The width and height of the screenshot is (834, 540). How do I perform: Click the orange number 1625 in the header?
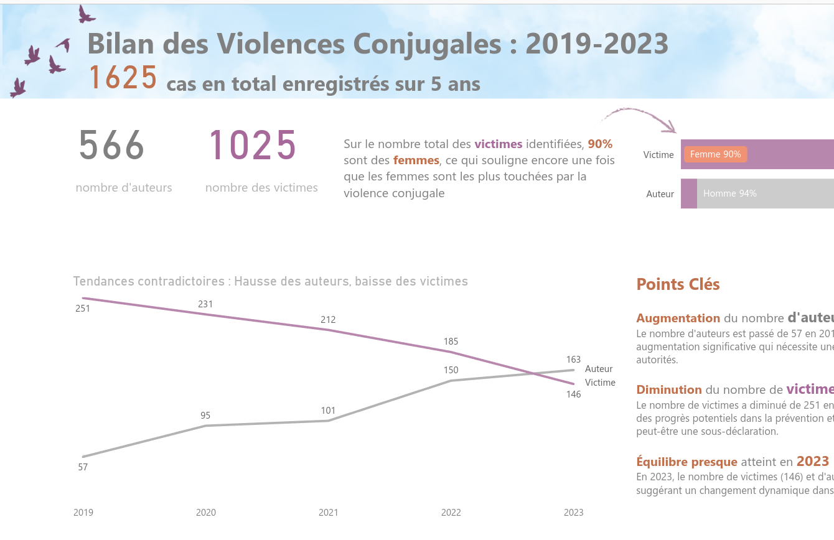123,78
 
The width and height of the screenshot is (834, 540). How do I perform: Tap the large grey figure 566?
112,146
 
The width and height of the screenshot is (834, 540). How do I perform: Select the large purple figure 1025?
252,146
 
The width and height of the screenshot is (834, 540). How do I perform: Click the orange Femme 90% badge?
715,154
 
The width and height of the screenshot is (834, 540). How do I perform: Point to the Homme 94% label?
729,193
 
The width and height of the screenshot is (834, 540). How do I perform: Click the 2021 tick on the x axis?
329,513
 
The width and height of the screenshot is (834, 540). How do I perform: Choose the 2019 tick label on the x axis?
83,513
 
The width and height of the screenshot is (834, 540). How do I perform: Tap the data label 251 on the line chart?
83,308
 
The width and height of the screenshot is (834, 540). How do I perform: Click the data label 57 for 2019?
83,467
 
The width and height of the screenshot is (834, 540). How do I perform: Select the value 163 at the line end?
573,360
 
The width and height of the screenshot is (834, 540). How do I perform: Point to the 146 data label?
573,394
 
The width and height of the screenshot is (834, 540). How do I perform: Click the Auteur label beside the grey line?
599,369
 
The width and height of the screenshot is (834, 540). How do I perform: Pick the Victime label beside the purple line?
600,383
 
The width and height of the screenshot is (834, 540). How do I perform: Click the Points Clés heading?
678,284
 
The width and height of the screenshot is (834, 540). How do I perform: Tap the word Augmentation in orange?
678,319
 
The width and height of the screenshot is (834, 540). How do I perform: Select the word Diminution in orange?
669,390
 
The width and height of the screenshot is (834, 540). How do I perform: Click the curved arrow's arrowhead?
670,128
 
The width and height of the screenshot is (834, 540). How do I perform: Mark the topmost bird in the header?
85,14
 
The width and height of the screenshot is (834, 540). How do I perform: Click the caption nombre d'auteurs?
124,187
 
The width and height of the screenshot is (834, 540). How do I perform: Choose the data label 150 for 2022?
451,370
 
